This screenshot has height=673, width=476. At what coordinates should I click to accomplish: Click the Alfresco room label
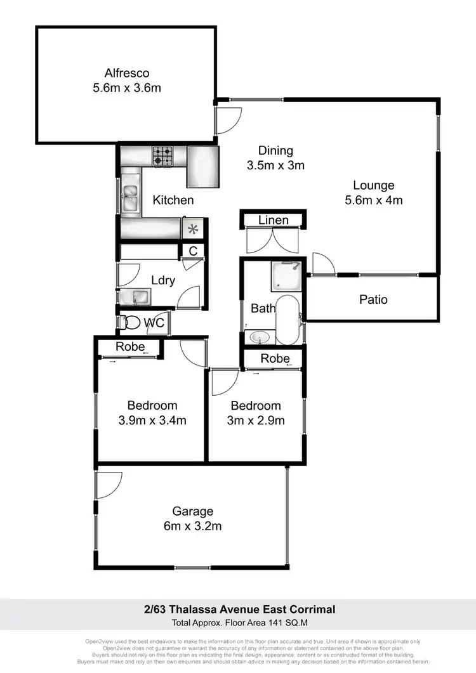coord(126,73)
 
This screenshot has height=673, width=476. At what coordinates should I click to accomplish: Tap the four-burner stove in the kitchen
coord(162,156)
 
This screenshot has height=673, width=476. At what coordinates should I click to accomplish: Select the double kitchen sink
coord(131,197)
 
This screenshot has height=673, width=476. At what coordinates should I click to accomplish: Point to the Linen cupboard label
coord(274,220)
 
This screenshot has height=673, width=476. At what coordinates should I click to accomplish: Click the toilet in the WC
coord(131,322)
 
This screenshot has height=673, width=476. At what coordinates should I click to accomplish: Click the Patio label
coord(373,299)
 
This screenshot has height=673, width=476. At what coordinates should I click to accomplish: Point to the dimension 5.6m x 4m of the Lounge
coord(374,200)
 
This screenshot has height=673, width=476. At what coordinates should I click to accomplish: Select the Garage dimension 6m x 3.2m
coord(193,526)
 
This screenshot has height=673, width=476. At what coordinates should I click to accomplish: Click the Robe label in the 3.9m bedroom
coord(130,347)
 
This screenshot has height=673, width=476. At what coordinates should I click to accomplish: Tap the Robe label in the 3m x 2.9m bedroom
coord(275,358)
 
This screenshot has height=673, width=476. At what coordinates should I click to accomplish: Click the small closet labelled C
coord(193,251)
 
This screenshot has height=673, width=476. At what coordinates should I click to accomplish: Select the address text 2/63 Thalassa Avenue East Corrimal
coord(238,610)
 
